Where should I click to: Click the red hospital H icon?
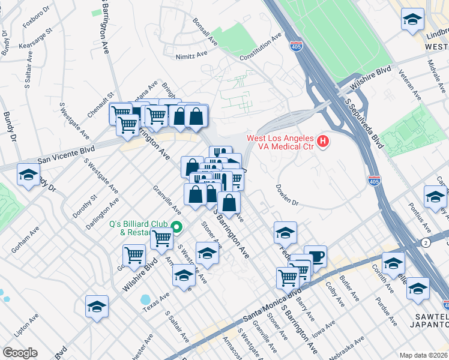tap(323, 142)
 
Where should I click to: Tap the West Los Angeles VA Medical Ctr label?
tap(281, 142)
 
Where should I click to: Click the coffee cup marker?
tap(315, 256)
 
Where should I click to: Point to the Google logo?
tap(20, 353)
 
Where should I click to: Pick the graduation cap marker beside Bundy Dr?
tap(28, 175)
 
